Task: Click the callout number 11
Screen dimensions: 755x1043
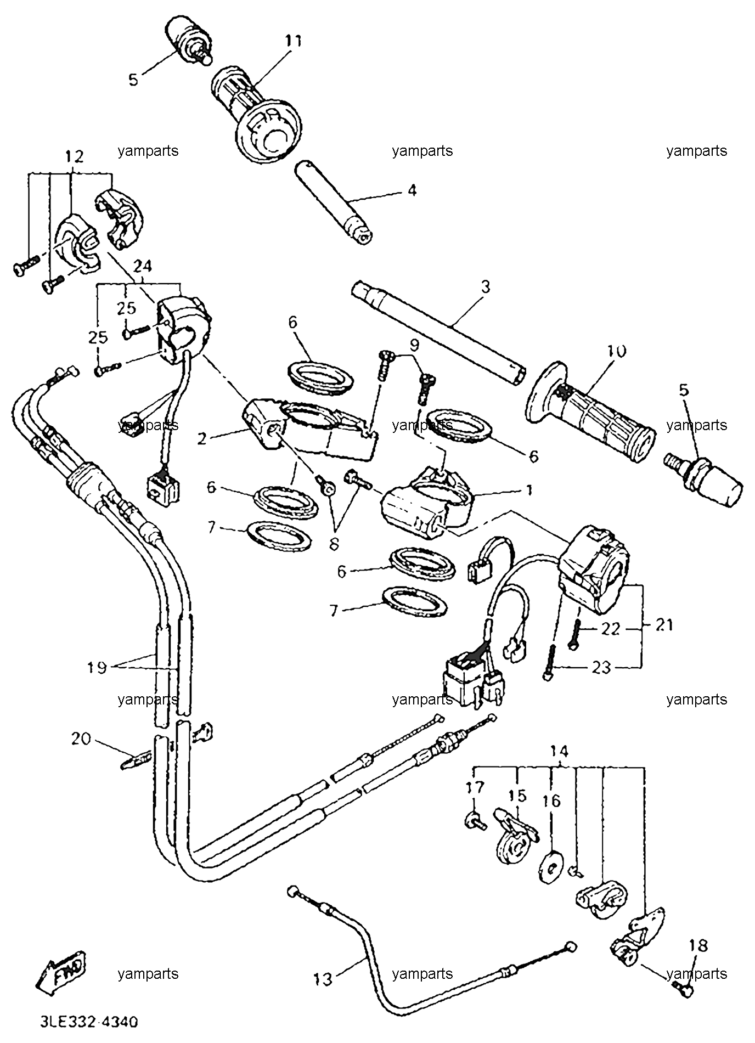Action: pyautogui.click(x=293, y=41)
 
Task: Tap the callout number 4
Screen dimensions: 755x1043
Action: pyautogui.click(x=412, y=190)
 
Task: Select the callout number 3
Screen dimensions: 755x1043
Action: pyautogui.click(x=485, y=286)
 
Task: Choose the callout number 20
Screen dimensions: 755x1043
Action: pyautogui.click(x=82, y=740)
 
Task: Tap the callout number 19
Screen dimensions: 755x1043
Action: pyautogui.click(x=97, y=668)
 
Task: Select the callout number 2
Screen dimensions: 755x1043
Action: pyautogui.click(x=202, y=438)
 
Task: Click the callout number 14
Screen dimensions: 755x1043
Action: pyautogui.click(x=560, y=751)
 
